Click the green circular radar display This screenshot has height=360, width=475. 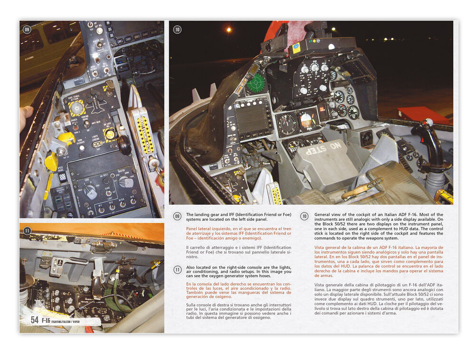pos(256,82)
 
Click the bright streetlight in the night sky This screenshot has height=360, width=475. pos(228,30)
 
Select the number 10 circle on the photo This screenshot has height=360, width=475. pos(177,29)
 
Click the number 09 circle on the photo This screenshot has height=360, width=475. pos(27,29)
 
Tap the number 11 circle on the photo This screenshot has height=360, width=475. pos(27,231)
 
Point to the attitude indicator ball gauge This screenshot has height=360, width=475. pos(306,122)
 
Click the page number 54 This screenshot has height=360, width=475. pos(35,320)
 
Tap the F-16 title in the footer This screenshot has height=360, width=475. pos(46,320)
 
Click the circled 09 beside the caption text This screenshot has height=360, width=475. pos(177,216)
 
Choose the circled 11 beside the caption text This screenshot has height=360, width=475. pos(177,269)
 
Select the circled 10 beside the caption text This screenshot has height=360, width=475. pos(304,216)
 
